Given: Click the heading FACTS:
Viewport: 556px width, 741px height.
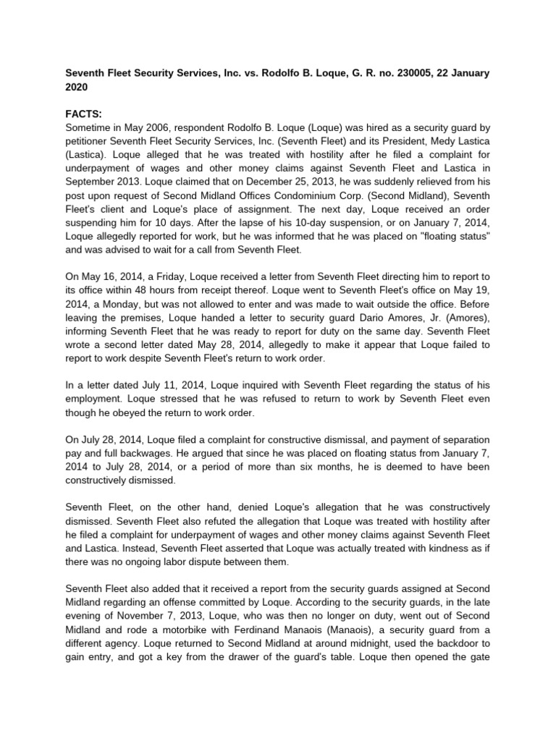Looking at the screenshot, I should click(x=84, y=114).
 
